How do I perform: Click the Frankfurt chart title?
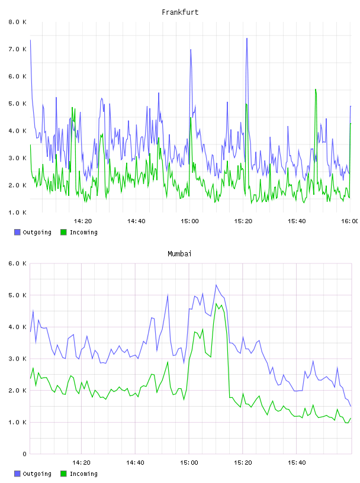(x=180, y=12)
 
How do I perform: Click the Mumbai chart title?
(x=179, y=254)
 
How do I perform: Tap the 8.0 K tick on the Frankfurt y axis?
(x=17, y=22)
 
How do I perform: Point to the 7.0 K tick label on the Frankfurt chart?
(x=17, y=49)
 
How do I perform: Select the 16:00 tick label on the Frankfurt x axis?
(x=350, y=221)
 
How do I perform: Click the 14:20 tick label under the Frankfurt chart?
(x=83, y=221)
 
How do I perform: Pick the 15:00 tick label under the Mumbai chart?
(x=189, y=463)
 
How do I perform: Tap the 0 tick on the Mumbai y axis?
(x=24, y=454)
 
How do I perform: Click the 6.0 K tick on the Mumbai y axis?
(x=17, y=263)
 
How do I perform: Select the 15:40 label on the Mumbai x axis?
(x=297, y=463)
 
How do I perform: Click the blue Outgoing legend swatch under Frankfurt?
(x=17, y=232)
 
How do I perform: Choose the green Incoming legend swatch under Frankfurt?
(x=63, y=232)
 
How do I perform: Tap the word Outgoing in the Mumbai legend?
(x=37, y=474)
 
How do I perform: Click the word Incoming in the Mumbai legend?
(x=83, y=474)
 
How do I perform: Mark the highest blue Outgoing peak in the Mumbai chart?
(x=216, y=285)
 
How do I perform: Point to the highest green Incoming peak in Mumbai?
(x=216, y=304)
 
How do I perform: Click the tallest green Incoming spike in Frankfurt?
(x=316, y=89)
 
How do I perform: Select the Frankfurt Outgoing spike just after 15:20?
(x=247, y=38)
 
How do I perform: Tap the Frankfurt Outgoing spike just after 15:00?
(x=191, y=50)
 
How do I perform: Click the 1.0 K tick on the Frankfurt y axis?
(x=17, y=212)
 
